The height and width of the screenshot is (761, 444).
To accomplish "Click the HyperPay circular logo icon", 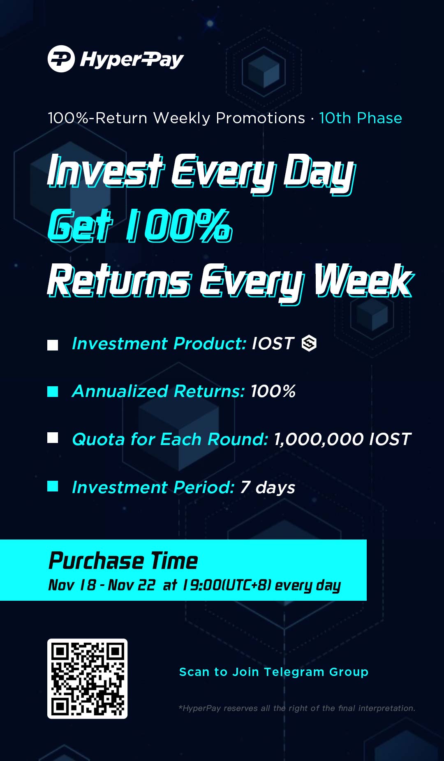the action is click(x=61, y=59).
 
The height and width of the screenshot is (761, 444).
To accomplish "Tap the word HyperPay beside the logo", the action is click(x=132, y=60).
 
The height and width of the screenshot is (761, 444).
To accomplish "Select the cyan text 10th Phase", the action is click(x=361, y=118).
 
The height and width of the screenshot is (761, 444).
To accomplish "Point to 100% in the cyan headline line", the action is click(x=179, y=225).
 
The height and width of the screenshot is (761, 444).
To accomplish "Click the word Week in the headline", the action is click(x=363, y=281).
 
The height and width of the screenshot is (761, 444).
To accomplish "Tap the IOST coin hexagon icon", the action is click(x=309, y=343).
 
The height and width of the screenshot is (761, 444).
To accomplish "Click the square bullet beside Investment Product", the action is click(x=53, y=345).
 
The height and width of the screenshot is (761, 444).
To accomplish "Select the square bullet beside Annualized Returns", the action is click(x=53, y=392).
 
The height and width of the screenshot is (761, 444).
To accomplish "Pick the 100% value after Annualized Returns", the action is click(x=273, y=391).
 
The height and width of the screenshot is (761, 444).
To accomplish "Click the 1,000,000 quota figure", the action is click(x=319, y=439).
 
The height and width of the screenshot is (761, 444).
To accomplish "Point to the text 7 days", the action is click(x=268, y=488).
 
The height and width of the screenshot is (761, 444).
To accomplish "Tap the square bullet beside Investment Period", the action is click(x=53, y=486).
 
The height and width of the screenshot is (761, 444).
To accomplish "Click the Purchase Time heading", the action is click(x=123, y=560).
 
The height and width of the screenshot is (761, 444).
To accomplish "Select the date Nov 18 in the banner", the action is click(x=72, y=585).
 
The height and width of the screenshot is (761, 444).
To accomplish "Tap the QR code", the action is click(x=87, y=678).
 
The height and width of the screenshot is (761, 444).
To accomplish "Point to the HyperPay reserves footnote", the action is click(x=297, y=708).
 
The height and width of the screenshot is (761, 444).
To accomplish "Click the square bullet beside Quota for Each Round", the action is click(x=53, y=438).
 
